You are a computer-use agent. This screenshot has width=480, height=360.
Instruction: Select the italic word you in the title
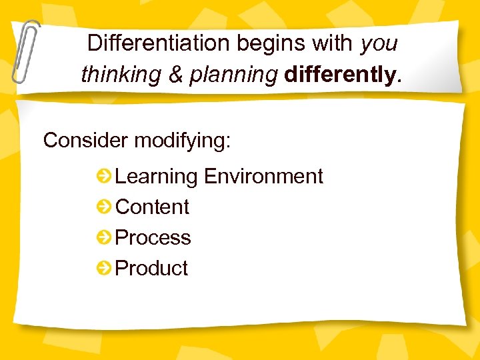[x=379, y=44]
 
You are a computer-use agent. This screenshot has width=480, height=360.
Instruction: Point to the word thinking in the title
[x=121, y=75]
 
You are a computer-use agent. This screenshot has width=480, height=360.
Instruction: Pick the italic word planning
[x=233, y=75]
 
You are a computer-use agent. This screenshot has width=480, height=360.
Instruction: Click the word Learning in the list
[x=157, y=177]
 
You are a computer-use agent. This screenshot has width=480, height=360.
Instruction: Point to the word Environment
[x=263, y=176]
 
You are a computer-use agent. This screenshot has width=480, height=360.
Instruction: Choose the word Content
[x=153, y=207]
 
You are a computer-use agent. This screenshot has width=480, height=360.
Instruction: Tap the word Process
[x=153, y=237]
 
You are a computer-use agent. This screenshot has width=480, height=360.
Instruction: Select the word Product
[x=152, y=268]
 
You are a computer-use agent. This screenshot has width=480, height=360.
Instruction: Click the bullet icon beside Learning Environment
[x=104, y=177]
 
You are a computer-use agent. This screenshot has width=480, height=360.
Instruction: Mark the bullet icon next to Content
[x=104, y=207]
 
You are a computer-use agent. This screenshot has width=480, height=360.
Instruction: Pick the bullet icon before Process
[x=104, y=238]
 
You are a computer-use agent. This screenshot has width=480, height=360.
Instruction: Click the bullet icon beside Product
[x=104, y=269]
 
